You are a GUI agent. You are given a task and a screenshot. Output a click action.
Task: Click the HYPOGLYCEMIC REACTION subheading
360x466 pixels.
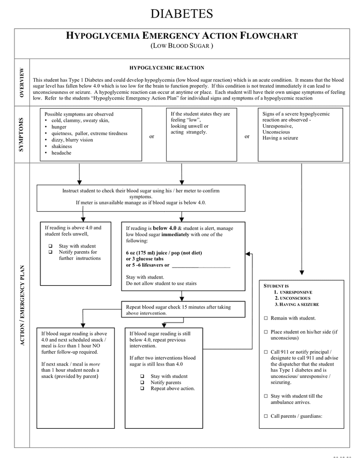(x=167, y=68)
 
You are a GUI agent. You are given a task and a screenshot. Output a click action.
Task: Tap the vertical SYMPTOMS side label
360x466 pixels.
(x=21, y=135)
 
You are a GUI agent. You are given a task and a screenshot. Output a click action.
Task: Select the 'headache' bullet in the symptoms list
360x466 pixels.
(x=61, y=153)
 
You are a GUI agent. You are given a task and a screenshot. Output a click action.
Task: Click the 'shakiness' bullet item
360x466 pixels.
(x=62, y=146)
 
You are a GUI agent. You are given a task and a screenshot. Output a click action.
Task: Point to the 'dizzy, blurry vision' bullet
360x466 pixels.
(x=72, y=140)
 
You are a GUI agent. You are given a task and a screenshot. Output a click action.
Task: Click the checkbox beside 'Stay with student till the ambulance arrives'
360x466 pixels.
(x=266, y=396)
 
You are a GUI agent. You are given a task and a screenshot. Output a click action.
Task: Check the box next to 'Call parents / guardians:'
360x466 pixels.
(x=266, y=416)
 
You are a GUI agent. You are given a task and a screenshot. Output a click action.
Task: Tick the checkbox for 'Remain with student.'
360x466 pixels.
(x=266, y=318)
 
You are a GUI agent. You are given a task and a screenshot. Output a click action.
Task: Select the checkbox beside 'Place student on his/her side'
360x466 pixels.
(x=266, y=331)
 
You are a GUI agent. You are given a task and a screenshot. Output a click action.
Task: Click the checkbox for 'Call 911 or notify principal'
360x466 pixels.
(x=266, y=352)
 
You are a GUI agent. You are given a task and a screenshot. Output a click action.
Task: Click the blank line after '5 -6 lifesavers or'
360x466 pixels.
(x=201, y=266)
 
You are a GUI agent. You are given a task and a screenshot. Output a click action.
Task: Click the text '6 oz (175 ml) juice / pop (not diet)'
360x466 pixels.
(x=164, y=253)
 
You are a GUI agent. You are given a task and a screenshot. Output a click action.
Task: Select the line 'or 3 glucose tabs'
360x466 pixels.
(x=145, y=259)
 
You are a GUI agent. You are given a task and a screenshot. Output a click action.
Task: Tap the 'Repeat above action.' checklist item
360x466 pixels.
(x=172, y=388)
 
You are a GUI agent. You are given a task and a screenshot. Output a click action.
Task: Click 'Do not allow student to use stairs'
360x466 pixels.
(x=161, y=283)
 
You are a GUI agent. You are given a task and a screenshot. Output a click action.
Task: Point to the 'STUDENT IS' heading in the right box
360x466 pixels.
(x=276, y=286)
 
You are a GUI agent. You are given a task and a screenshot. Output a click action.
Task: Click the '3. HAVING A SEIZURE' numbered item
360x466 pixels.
(x=296, y=304)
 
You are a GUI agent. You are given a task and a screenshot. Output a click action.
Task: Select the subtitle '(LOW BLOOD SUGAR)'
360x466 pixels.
(x=182, y=46)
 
